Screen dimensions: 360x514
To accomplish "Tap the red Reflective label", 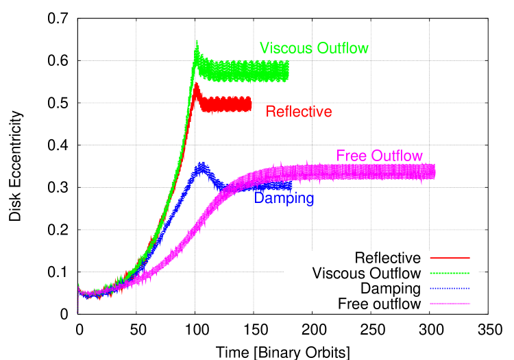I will [x=299, y=112].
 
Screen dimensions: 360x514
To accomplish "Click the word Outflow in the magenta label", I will [x=397, y=156].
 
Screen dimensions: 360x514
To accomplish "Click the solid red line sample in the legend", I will [x=450, y=258].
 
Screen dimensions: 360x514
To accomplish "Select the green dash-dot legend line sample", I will [x=450, y=273].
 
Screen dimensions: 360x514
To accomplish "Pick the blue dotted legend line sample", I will [x=450, y=288].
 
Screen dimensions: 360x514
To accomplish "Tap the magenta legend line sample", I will [x=450, y=303].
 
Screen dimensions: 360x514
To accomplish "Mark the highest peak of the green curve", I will [x=197, y=42].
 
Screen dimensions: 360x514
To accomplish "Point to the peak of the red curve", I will [x=196, y=83].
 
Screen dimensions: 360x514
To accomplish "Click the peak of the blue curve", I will [x=201, y=164].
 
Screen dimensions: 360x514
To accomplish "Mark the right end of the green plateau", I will [x=288, y=70].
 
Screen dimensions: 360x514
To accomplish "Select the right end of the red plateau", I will [x=251, y=104].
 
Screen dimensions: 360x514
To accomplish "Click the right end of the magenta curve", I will [x=435, y=171].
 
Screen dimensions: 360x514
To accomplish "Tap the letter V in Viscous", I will [x=265, y=48].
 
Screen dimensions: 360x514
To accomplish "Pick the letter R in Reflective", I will [x=271, y=112].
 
